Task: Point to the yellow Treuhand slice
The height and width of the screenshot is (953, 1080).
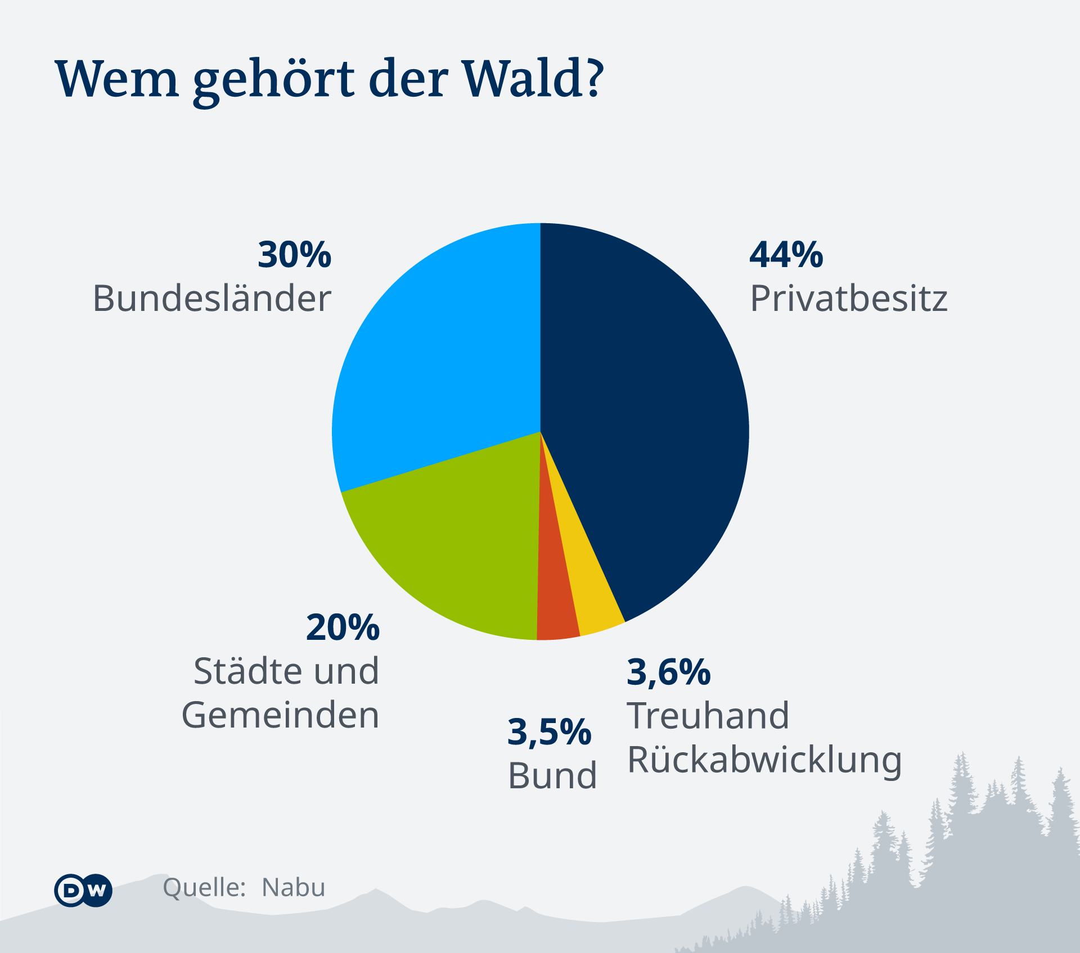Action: pos(591,596)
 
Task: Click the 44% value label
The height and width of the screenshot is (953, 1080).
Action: pos(786,255)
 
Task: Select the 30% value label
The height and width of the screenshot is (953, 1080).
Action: pos(295,255)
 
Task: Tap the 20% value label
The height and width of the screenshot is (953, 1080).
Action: pos(343,627)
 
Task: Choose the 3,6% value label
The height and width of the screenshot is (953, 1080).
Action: pos(669,672)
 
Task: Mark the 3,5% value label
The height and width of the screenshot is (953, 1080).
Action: pos(550,733)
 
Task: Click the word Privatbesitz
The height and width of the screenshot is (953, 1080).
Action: pos(849,298)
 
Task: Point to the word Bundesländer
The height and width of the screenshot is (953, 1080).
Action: pos(212,298)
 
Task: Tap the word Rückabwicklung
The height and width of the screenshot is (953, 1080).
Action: pos(764,761)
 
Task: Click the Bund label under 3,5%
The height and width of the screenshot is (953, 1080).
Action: pos(552,776)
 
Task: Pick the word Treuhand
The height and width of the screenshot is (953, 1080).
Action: pos(708,716)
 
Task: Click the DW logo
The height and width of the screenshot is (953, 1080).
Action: pos(83,891)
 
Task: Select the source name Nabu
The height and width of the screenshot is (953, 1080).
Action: pos(294,888)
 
